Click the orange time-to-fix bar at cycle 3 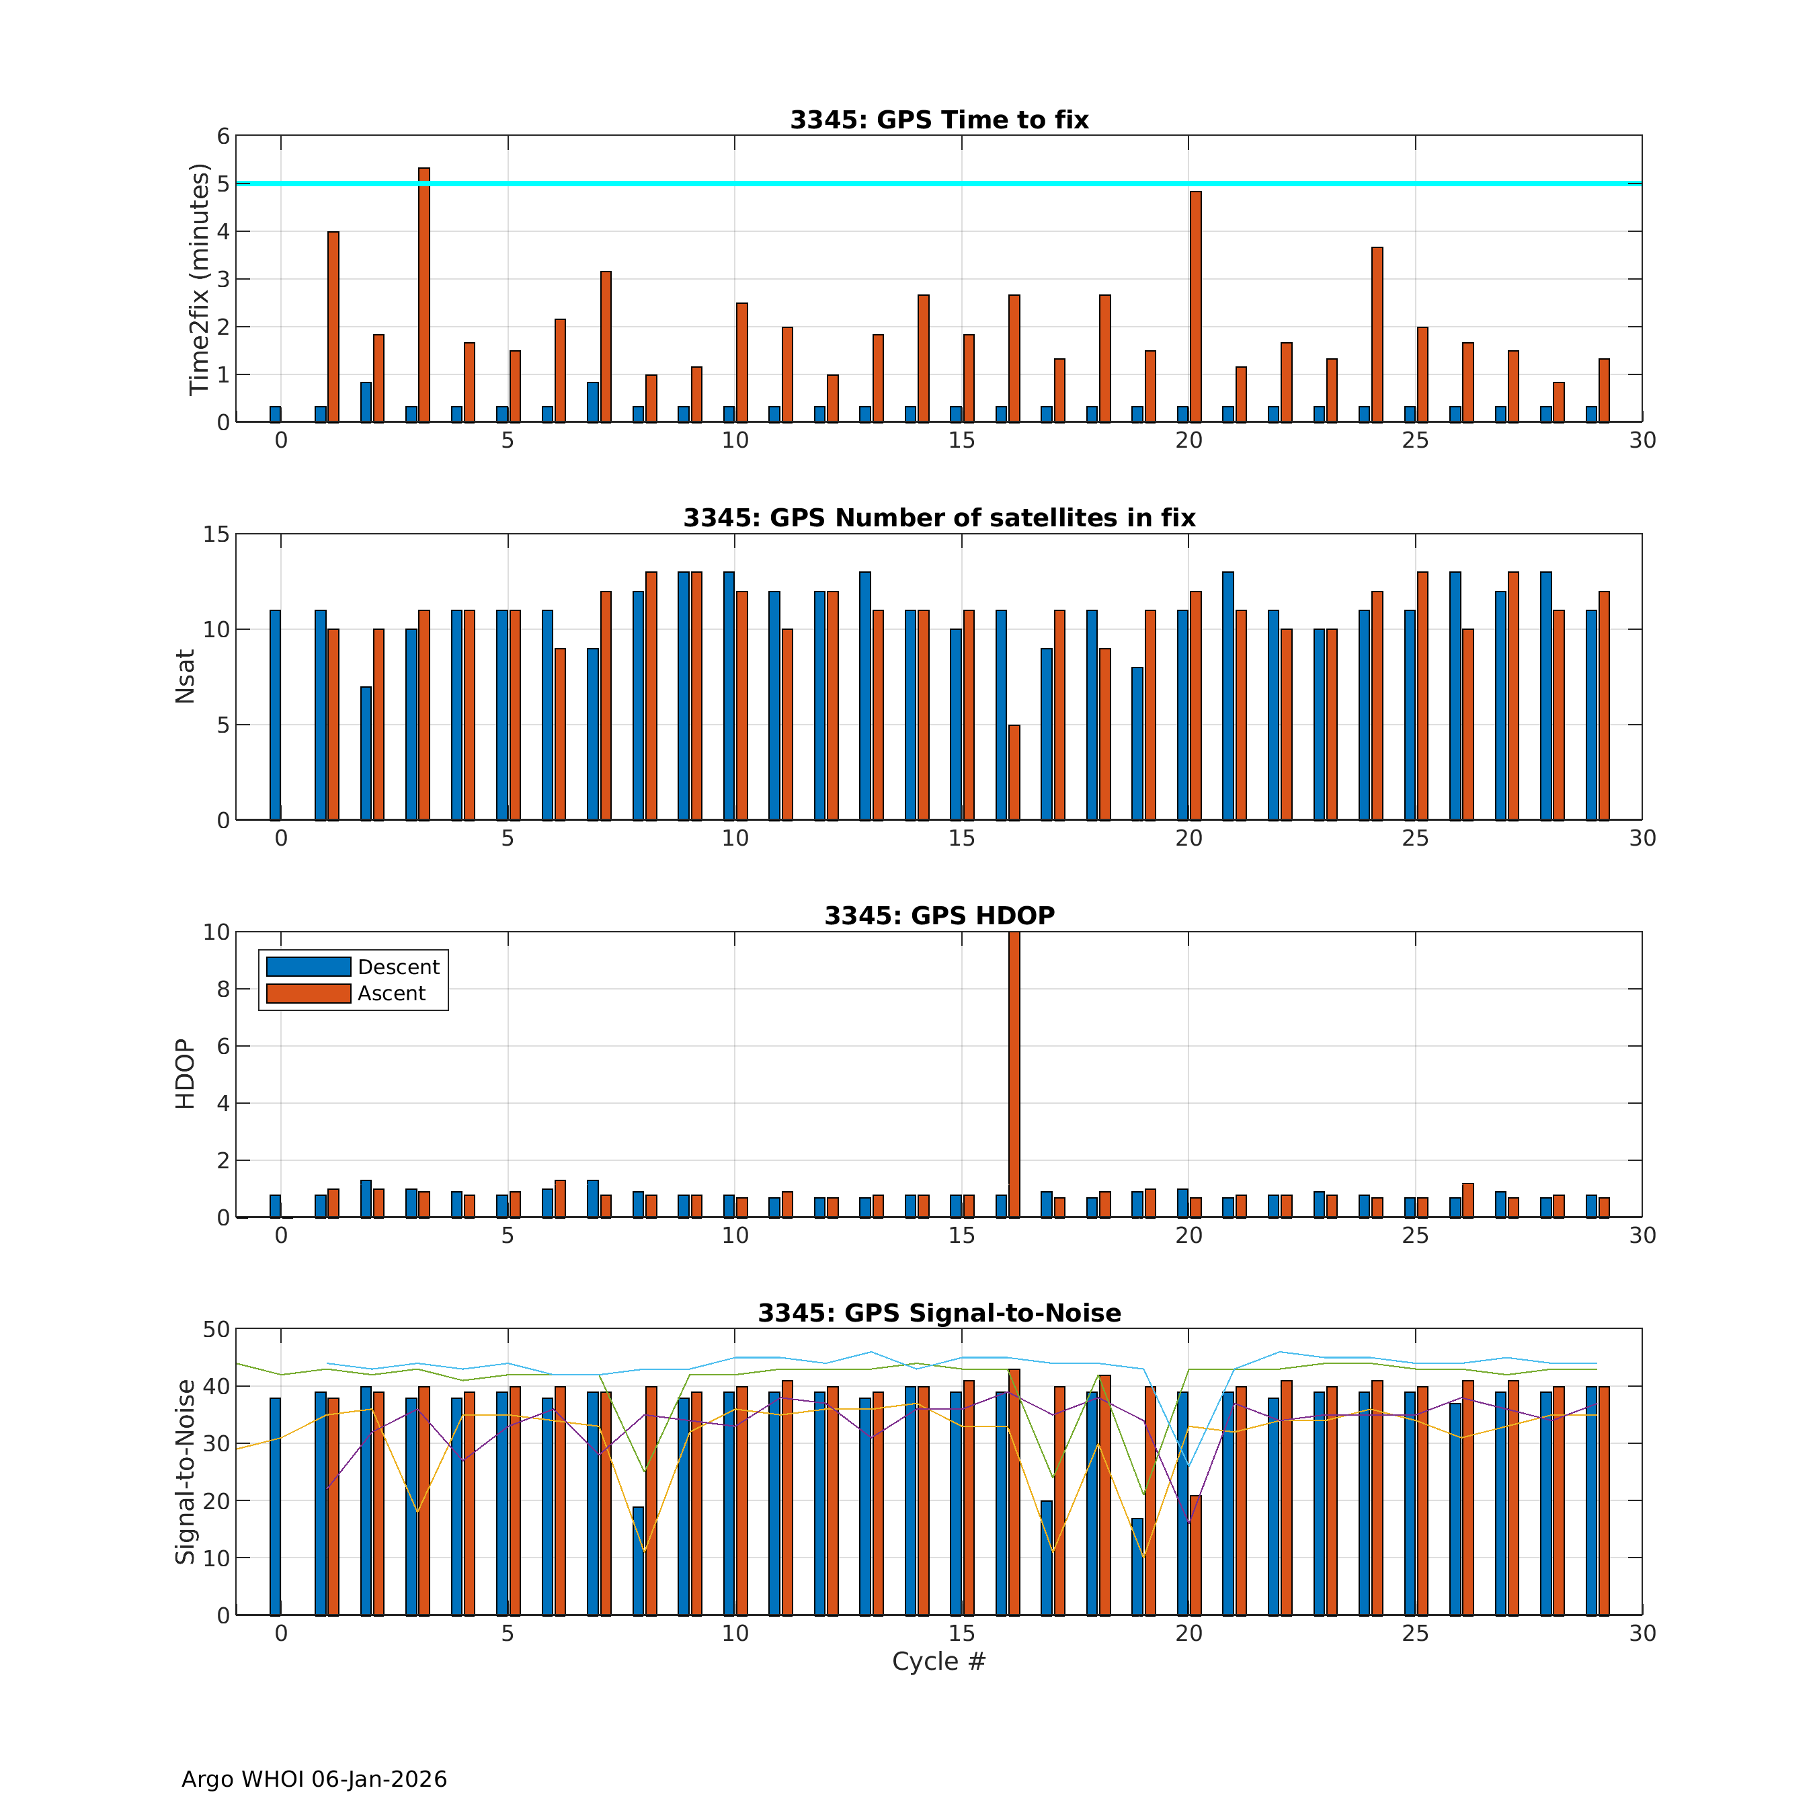[x=425, y=295]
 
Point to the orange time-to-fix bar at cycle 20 [x=1195, y=307]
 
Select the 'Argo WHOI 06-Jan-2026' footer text [x=314, y=1779]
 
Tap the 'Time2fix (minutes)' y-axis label [x=198, y=279]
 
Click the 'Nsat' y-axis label [x=185, y=676]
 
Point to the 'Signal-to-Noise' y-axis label [x=185, y=1471]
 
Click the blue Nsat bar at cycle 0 [x=275, y=714]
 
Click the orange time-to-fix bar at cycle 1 [x=333, y=326]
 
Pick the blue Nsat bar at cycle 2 [x=366, y=752]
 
